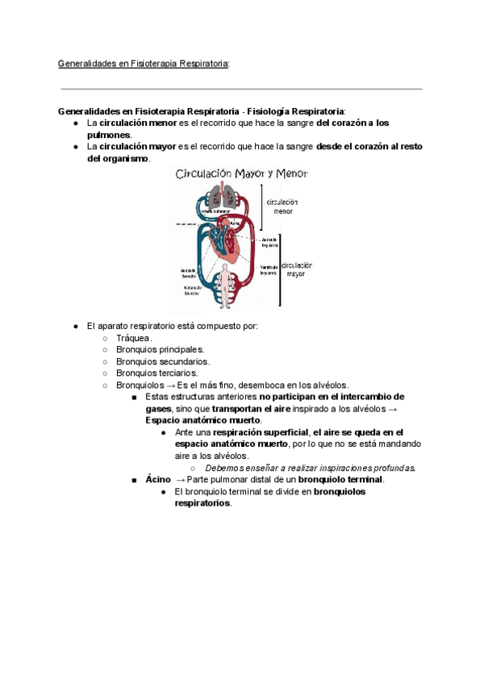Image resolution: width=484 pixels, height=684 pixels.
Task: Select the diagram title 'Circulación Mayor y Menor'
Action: (241, 173)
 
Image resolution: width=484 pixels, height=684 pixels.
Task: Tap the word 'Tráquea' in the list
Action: (133, 338)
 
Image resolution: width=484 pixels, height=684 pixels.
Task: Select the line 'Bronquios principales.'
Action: (160, 350)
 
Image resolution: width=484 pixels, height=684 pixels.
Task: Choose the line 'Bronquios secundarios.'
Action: (162, 362)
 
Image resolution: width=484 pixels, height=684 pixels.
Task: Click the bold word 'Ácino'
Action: (158, 479)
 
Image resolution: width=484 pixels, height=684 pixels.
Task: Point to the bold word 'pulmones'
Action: (108, 135)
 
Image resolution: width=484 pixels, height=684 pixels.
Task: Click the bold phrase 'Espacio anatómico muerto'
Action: (202, 420)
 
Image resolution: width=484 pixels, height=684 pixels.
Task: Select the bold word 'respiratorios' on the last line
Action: (202, 503)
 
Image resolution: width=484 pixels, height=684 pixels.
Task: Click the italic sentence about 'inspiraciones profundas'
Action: (311, 468)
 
